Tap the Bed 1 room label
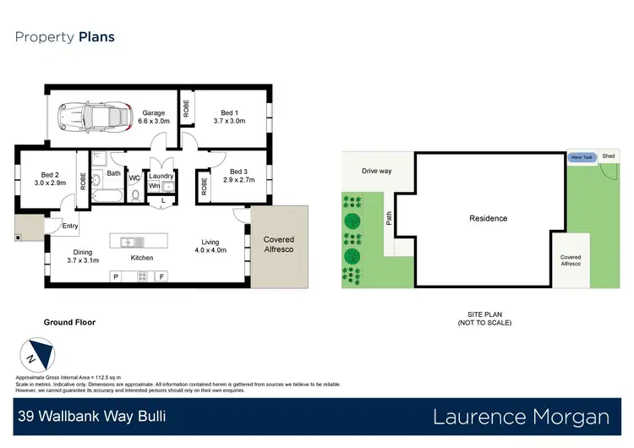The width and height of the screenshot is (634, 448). pos(232,117)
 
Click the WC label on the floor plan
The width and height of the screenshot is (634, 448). pos(134,178)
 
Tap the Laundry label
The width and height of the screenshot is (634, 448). pos(161,176)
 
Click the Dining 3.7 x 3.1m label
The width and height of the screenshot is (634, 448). pos(83,256)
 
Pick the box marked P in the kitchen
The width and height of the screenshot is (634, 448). pos(116,276)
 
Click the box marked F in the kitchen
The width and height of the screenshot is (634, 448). pos(161,276)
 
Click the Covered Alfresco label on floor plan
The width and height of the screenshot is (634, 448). pos(278,245)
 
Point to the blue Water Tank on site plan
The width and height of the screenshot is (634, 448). pos(582,157)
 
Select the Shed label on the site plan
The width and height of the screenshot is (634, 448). pos(609,156)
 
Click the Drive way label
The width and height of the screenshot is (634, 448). pos(376,172)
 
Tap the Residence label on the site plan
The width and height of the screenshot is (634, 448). pos(489,219)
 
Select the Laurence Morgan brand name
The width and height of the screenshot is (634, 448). pos(521,417)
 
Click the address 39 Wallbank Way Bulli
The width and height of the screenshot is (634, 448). pos(92,417)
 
